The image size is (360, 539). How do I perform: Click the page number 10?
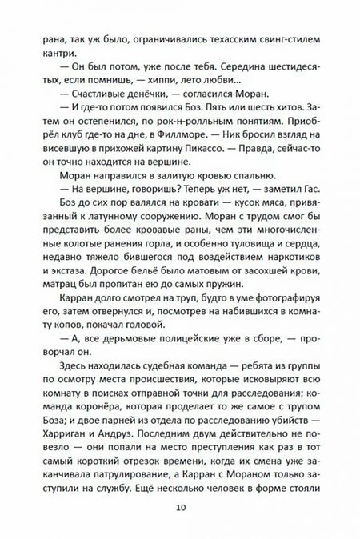[180, 507]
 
